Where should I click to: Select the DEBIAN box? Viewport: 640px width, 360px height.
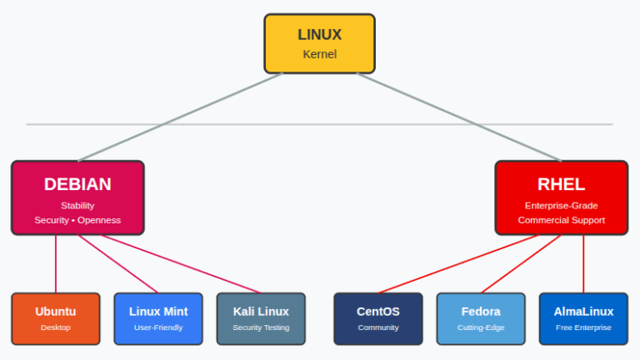pyautogui.click(x=77, y=197)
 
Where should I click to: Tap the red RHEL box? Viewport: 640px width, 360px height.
pyautogui.click(x=561, y=197)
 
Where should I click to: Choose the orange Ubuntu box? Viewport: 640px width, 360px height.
pyautogui.click(x=56, y=318)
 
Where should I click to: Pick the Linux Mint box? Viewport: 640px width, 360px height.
pyautogui.click(x=158, y=318)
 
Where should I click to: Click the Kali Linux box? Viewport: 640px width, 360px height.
pyautogui.click(x=261, y=318)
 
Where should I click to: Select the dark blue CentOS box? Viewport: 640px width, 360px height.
pyautogui.click(x=377, y=318)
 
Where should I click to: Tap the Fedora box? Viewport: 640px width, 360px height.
pyautogui.click(x=481, y=318)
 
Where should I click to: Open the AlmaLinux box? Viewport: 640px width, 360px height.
pyautogui.click(x=583, y=318)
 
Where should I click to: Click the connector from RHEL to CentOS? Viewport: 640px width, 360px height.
pyautogui.click(x=458, y=264)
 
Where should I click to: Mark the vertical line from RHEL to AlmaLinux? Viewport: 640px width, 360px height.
pyautogui.click(x=583, y=263)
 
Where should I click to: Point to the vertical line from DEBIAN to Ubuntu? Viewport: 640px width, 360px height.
pyautogui.click(x=56, y=263)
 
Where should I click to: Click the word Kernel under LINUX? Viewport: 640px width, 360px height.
pyautogui.click(x=319, y=54)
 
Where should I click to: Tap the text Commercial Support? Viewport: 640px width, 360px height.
pyautogui.click(x=561, y=220)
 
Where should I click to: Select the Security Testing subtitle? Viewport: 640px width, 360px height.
pyautogui.click(x=261, y=327)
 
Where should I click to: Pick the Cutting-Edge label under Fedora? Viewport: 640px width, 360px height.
pyautogui.click(x=481, y=327)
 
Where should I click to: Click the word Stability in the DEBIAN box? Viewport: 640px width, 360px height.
pyautogui.click(x=77, y=205)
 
